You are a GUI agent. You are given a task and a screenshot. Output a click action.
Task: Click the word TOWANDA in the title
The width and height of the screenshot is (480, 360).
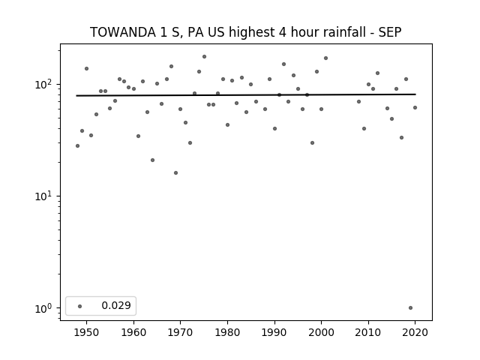(123, 32)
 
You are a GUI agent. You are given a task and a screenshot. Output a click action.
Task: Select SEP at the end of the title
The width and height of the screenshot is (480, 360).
(390, 32)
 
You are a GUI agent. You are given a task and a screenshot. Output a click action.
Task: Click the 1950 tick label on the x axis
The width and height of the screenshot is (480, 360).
(87, 332)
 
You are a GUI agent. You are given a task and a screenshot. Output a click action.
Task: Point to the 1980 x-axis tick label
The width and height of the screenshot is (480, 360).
(227, 332)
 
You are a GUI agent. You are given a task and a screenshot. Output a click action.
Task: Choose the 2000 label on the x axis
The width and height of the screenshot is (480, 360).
(321, 332)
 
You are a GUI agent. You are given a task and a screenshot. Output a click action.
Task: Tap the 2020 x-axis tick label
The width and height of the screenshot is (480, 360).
(415, 332)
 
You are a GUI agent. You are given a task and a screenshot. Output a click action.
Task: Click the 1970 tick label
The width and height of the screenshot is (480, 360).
(180, 332)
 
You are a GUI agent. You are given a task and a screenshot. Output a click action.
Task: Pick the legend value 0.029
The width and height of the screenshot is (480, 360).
(116, 305)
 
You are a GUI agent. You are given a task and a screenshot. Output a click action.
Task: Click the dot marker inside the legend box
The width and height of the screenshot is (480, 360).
(80, 306)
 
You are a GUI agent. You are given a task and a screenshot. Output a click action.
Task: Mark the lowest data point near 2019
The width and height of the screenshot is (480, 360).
(410, 308)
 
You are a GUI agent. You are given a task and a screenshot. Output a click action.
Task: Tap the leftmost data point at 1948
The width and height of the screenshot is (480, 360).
(77, 146)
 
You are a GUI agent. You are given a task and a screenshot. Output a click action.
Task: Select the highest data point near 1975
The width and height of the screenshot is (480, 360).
(204, 57)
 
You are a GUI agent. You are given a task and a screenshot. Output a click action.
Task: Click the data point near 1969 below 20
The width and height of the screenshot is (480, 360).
(175, 173)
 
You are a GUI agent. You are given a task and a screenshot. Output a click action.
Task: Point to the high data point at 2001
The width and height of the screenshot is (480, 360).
(325, 58)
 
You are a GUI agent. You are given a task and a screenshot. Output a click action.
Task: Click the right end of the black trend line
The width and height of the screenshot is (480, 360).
(415, 94)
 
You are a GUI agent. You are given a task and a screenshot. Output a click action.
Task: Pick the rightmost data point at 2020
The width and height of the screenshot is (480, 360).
(415, 108)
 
